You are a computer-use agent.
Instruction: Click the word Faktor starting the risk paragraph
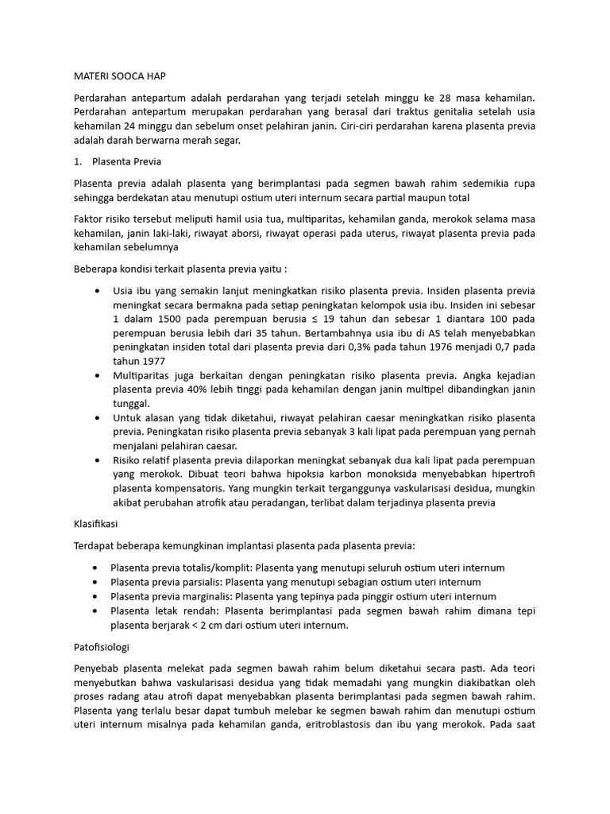pos(89,219)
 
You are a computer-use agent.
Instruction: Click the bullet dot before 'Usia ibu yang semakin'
pos(96,291)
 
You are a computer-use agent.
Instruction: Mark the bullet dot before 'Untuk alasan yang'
pos(96,418)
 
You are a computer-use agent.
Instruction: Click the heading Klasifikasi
pos(96,525)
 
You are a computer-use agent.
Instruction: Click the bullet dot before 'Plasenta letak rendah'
pos(96,610)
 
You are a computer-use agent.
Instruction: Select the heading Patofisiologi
pos(101,646)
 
